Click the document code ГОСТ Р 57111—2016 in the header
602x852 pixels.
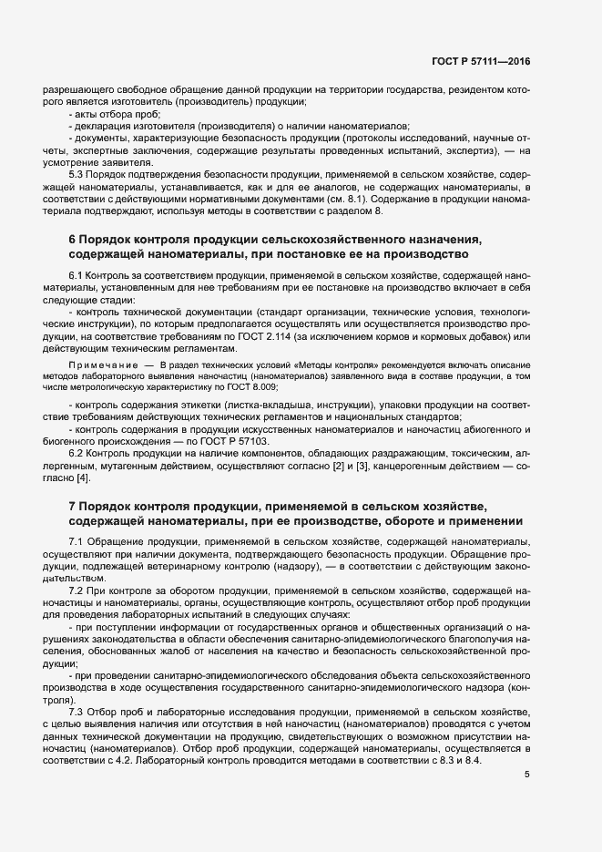tap(481, 61)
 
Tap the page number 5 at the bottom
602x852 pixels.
tap(527, 775)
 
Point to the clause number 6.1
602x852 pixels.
tap(77, 274)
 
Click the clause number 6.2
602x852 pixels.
tap(77, 452)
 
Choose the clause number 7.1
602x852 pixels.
tap(77, 541)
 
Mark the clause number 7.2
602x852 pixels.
tap(77, 591)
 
